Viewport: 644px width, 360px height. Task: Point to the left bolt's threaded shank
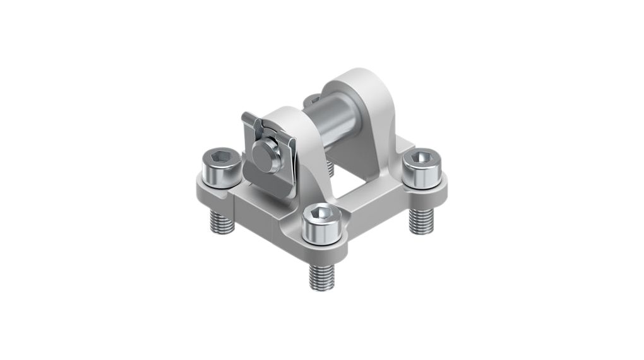point(222,221)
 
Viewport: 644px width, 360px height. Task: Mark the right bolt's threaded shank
point(421,220)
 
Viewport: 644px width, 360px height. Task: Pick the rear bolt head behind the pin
point(313,100)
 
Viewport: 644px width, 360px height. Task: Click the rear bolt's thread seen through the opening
point(330,167)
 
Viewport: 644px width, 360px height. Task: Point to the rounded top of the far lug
point(361,79)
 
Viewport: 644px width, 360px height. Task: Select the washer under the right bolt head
point(422,180)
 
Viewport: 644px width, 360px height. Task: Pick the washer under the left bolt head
point(220,180)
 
